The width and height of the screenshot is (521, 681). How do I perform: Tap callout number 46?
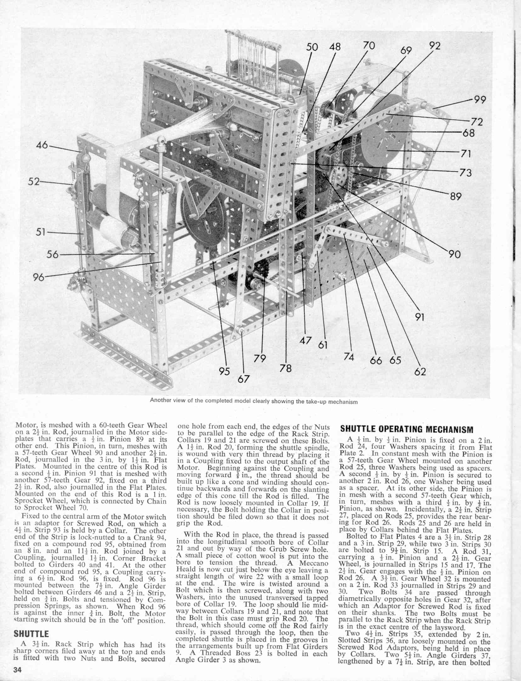point(42,145)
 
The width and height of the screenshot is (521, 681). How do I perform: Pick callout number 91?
point(420,317)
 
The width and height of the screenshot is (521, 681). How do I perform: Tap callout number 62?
point(420,372)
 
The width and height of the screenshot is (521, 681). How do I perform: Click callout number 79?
point(260,359)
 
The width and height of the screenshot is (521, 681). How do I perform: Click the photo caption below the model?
point(254,402)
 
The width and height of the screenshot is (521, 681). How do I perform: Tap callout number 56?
point(53,254)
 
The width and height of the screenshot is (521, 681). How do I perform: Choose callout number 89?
point(455,196)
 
